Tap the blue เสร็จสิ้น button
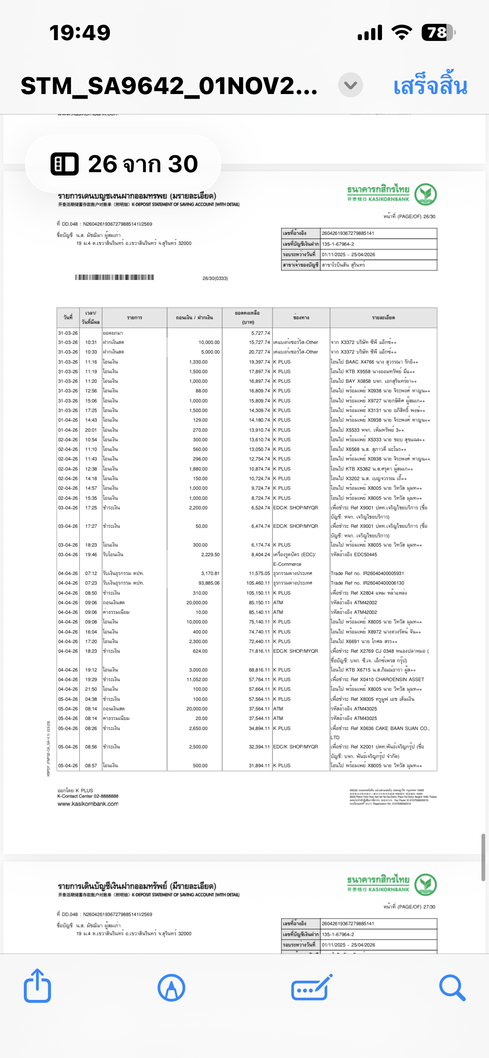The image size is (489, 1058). [430, 86]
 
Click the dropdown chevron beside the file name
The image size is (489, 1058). [350, 85]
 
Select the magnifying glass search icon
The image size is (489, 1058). [452, 987]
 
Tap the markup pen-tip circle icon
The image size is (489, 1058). [171, 987]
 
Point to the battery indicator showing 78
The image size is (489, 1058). [437, 33]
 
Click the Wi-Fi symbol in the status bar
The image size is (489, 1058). [402, 33]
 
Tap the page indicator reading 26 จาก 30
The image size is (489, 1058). [124, 164]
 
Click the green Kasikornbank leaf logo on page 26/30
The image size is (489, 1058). [425, 194]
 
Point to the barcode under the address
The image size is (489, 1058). [115, 277]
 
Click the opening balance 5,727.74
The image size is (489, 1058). [260, 333]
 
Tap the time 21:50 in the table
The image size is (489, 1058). [91, 689]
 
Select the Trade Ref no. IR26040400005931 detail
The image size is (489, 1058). [367, 573]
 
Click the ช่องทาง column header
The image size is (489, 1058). [301, 318]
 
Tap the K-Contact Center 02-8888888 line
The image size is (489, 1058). [88, 796]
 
